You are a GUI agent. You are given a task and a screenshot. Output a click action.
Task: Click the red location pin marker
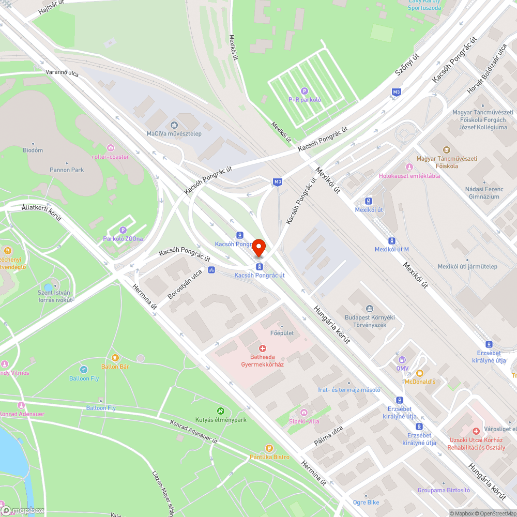tap(258, 248)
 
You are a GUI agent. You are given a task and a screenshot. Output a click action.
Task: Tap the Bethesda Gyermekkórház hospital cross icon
tap(263, 349)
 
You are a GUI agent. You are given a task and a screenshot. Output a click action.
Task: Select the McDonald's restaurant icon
tap(419, 373)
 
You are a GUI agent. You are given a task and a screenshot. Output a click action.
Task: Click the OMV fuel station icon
tap(402, 360)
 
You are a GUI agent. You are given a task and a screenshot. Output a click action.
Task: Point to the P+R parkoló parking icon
tap(305, 91)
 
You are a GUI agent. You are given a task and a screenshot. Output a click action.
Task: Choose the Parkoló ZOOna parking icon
tap(123, 230)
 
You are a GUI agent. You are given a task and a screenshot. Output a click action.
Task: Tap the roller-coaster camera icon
tap(110, 148)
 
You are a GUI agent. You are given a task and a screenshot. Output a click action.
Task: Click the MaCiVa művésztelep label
tap(174, 133)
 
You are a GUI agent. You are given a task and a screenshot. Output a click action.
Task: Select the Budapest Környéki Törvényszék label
tap(366, 321)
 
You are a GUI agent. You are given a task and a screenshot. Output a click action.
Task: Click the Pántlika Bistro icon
tap(268, 448)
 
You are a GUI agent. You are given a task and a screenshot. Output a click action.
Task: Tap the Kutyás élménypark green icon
tap(221, 411)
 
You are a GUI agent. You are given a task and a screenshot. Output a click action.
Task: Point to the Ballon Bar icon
tap(115, 358)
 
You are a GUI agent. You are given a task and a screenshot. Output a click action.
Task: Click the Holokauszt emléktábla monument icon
tap(409, 167)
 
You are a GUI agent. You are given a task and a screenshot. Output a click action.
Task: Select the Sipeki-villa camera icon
tap(303, 413)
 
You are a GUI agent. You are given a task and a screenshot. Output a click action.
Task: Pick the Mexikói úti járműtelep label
tap(467, 266)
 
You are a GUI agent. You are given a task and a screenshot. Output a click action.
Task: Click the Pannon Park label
tap(67, 170)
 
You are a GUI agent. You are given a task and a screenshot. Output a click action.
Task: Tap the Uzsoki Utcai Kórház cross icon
tap(476, 431)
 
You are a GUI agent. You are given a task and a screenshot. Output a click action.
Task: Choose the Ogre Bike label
tap(366, 502)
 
